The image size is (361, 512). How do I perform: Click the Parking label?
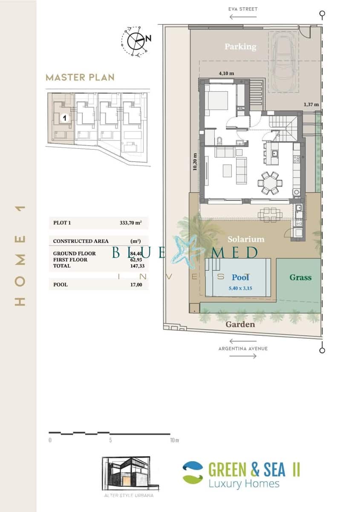[x=240, y=47]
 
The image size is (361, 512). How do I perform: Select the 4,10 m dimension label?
[x=226, y=73]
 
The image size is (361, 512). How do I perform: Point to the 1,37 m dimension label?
[x=311, y=104]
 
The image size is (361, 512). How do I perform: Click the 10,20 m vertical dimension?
[x=195, y=162]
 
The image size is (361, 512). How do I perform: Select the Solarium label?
[x=245, y=239]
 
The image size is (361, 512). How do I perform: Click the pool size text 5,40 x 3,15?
[x=241, y=288]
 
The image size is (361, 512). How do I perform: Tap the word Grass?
[x=300, y=277]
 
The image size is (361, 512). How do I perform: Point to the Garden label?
[x=240, y=324]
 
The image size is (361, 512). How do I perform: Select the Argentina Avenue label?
[x=243, y=349]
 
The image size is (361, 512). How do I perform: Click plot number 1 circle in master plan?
[x=64, y=118]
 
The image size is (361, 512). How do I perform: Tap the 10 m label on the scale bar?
[x=174, y=440]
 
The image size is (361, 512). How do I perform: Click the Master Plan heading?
[x=80, y=77]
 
